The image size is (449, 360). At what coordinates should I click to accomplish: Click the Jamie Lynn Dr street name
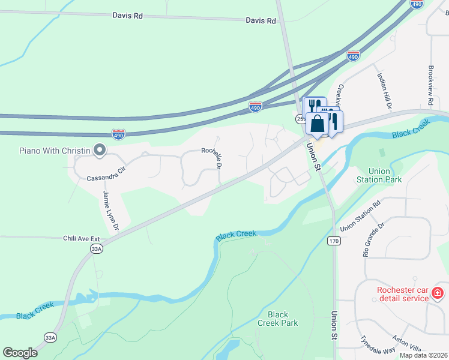[110, 211]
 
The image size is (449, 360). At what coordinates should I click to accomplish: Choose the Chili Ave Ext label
[80, 238]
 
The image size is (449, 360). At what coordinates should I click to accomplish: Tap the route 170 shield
[334, 241]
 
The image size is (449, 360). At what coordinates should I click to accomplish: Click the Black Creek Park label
[278, 319]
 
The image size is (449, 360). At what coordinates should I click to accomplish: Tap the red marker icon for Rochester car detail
[438, 294]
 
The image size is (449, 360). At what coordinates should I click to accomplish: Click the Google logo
[20, 353]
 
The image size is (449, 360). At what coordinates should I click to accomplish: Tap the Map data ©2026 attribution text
[423, 355]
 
